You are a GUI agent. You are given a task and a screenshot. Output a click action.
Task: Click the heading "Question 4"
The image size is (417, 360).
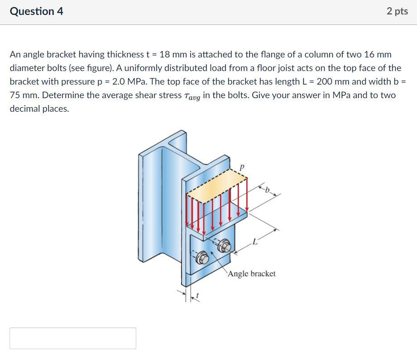(37, 11)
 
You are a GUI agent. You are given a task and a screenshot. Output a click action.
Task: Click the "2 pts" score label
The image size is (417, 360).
(397, 11)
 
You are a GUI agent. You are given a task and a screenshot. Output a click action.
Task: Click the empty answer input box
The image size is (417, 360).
(72, 338)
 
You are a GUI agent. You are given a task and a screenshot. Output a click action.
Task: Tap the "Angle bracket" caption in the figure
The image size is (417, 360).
(252, 274)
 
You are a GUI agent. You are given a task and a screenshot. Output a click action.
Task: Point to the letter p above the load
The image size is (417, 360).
(242, 167)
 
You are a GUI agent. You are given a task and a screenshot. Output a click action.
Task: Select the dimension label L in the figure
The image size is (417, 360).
(255, 242)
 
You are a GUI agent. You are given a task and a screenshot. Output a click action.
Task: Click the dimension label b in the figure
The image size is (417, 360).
(267, 190)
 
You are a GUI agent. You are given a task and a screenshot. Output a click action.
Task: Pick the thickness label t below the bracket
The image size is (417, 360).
(197, 296)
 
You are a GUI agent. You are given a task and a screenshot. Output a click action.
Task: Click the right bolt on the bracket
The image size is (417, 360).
(224, 246)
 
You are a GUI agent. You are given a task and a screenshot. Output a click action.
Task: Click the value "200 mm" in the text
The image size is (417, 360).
(335, 82)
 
